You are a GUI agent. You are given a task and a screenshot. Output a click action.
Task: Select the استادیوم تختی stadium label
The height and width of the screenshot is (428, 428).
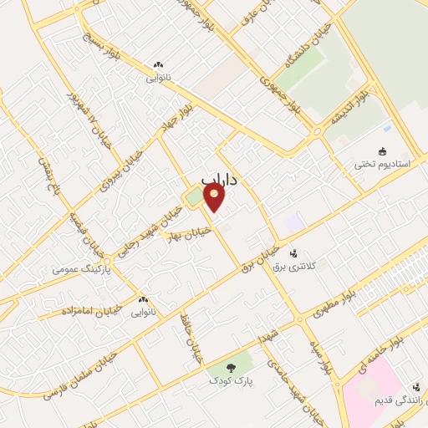coord(382,164)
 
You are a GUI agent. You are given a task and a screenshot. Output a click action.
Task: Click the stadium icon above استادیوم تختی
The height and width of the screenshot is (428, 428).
coord(382,151)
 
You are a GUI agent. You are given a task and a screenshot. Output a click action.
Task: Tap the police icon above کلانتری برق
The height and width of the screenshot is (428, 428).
coord(293,252)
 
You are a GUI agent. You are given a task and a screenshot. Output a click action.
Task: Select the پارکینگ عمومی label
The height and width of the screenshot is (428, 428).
coord(77,269)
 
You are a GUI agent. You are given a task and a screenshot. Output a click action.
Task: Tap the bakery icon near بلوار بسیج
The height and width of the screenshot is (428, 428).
coord(158,64)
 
